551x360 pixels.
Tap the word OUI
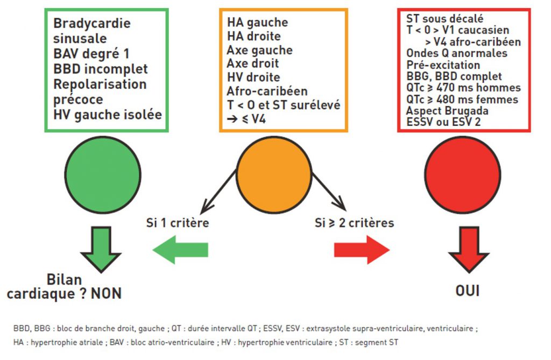click(468, 291)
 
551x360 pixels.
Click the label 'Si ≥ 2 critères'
click(354, 222)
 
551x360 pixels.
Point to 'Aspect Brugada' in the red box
click(448, 111)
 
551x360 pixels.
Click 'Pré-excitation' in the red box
click(443, 65)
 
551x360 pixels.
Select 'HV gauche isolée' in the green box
click(108, 114)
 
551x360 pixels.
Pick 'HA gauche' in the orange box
click(257, 23)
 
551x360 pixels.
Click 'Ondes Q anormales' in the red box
click(457, 53)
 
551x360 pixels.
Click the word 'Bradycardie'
click(92, 24)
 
